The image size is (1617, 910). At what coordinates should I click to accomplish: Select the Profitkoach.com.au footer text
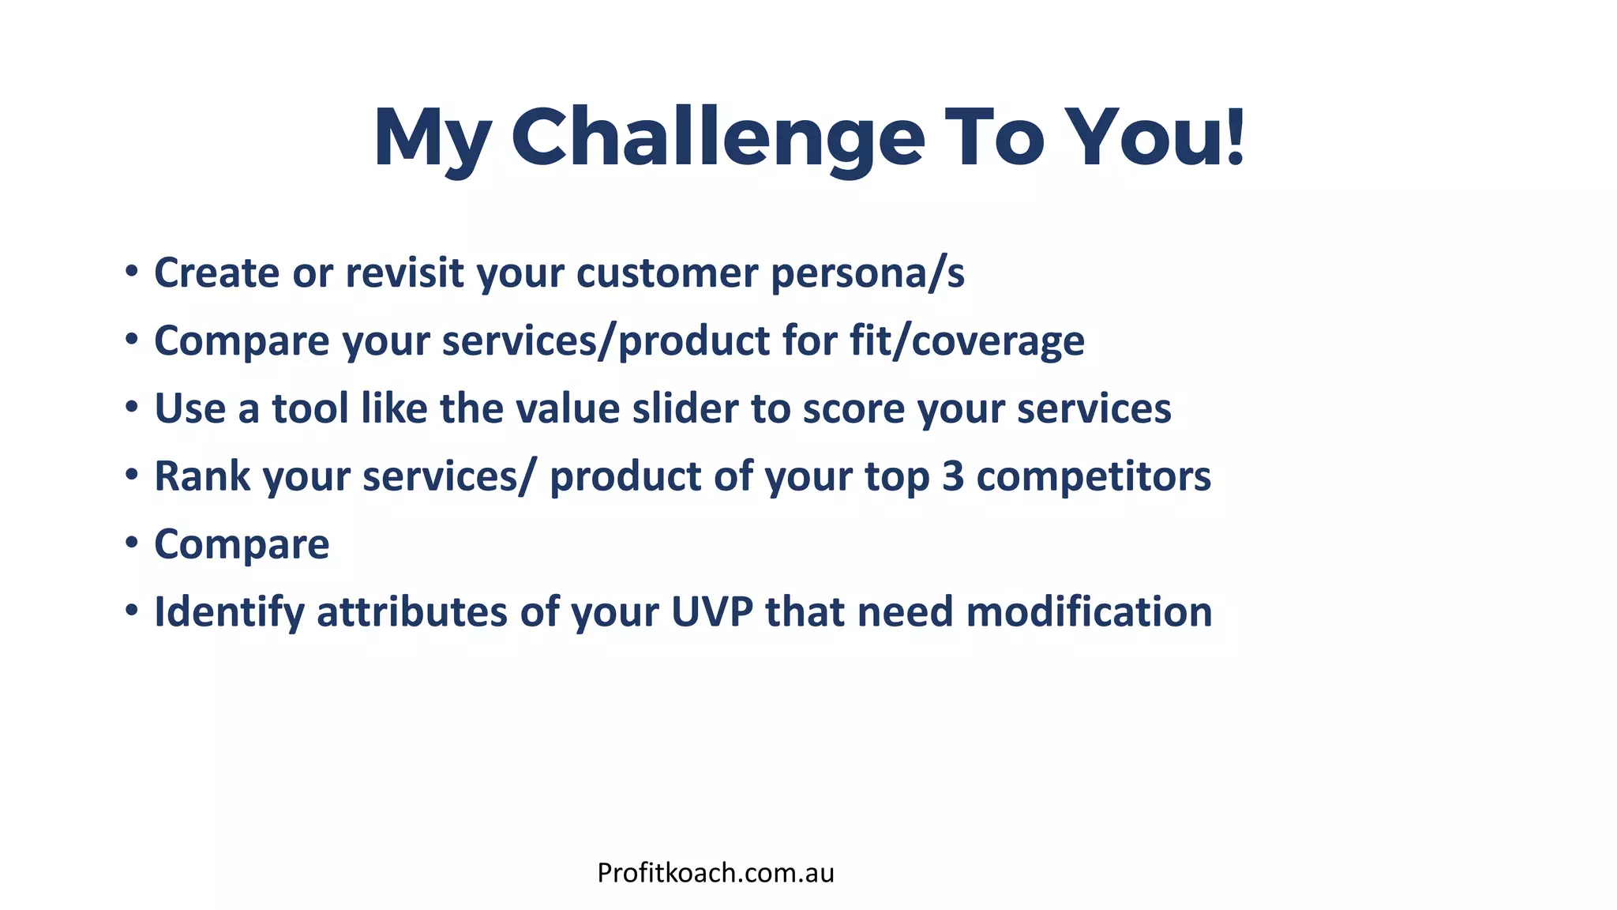point(715,873)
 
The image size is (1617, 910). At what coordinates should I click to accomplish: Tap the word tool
point(310,409)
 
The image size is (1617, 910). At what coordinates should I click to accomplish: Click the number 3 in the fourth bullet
point(953,477)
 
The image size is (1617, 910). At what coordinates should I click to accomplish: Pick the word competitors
point(1094,477)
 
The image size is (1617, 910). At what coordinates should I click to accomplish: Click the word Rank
point(202,477)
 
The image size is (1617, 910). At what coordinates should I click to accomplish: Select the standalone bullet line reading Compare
point(242,545)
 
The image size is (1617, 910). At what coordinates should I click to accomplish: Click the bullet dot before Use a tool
point(132,408)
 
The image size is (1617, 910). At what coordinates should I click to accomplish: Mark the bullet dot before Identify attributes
point(132,611)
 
